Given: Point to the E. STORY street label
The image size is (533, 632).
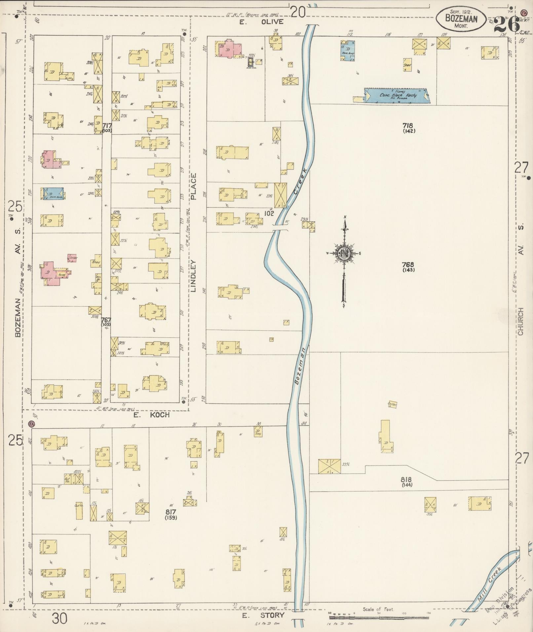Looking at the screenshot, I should point(263,615).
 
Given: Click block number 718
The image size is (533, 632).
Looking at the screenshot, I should point(408,126).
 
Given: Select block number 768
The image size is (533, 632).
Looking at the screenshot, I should point(408,265).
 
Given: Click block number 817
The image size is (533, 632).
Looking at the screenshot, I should point(171,512).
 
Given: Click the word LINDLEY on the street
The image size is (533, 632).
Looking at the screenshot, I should point(194,277).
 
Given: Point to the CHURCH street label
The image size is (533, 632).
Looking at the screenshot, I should point(521,321).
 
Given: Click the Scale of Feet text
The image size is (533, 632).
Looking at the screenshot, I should point(378,609).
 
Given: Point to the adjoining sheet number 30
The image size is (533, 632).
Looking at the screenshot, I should point(60,618).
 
